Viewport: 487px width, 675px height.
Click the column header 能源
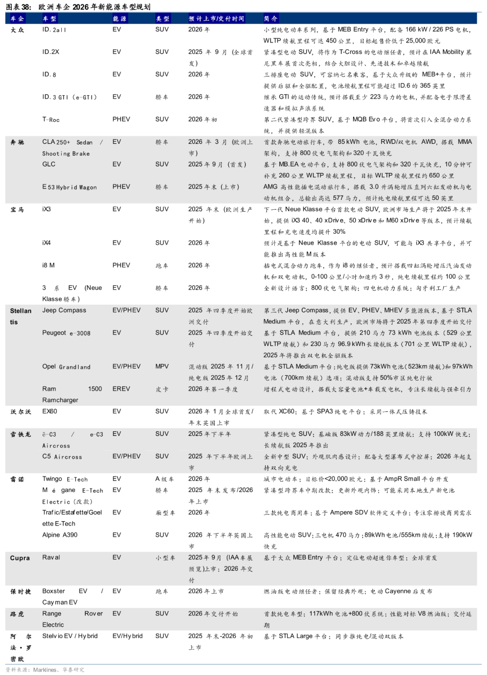[119, 18]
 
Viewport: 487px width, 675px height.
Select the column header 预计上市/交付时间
[216, 18]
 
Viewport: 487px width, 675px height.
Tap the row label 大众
[17, 30]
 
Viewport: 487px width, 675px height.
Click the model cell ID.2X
[51, 52]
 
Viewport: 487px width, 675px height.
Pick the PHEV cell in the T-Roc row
[121, 119]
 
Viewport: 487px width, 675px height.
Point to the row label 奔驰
[17, 142]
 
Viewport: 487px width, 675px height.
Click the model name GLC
[49, 164]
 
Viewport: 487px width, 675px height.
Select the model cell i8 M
[48, 265]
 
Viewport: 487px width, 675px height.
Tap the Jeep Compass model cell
[64, 310]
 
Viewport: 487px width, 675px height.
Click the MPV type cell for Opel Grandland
[162, 366]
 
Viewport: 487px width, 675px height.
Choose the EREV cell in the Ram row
[121, 389]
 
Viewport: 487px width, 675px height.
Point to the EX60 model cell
[50, 411]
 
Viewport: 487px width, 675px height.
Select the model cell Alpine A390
[60, 535]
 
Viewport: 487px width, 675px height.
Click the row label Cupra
[20, 558]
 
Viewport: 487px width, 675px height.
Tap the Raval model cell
[51, 558]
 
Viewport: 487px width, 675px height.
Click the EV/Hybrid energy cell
[127, 636]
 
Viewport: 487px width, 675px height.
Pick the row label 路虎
[17, 614]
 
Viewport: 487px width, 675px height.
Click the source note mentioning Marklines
[45, 670]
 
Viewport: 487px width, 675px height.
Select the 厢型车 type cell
[165, 513]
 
